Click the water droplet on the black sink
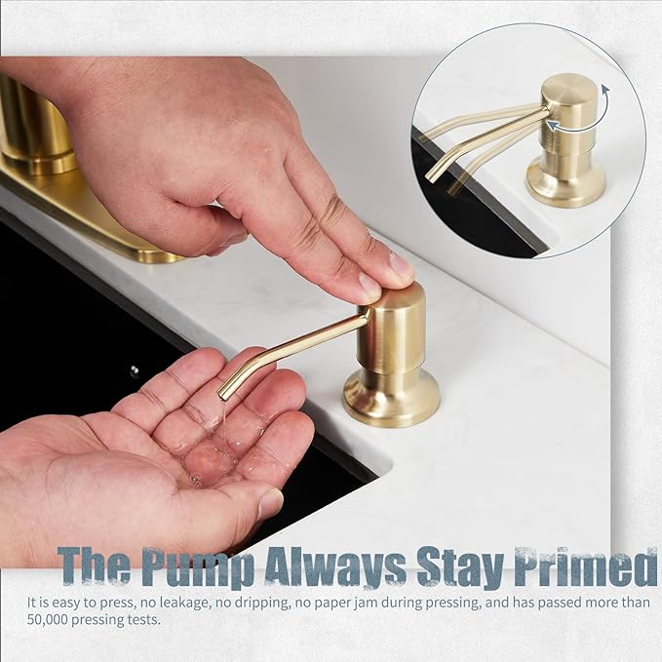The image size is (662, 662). tap(134, 370)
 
